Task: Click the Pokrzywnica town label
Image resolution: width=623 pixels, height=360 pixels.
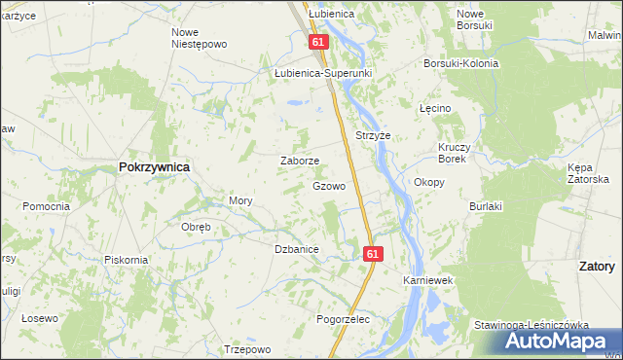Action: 154,166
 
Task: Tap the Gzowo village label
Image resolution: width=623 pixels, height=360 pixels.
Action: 329,185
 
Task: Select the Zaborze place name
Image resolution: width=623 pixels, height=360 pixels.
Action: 299,161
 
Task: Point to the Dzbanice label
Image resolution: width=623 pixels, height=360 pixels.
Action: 297,249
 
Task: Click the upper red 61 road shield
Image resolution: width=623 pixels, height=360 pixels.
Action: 318,43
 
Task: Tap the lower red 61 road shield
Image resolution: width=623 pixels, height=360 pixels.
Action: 374,253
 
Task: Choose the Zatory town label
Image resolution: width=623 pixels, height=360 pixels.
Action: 596,266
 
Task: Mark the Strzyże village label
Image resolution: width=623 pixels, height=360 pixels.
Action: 373,135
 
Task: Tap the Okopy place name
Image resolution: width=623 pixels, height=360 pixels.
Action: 429,182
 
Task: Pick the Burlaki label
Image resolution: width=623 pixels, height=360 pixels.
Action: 485,206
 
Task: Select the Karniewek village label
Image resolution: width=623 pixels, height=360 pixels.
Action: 429,280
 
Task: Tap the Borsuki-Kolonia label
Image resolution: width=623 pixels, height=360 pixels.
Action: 460,63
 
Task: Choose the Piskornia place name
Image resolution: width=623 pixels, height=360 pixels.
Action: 127,260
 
